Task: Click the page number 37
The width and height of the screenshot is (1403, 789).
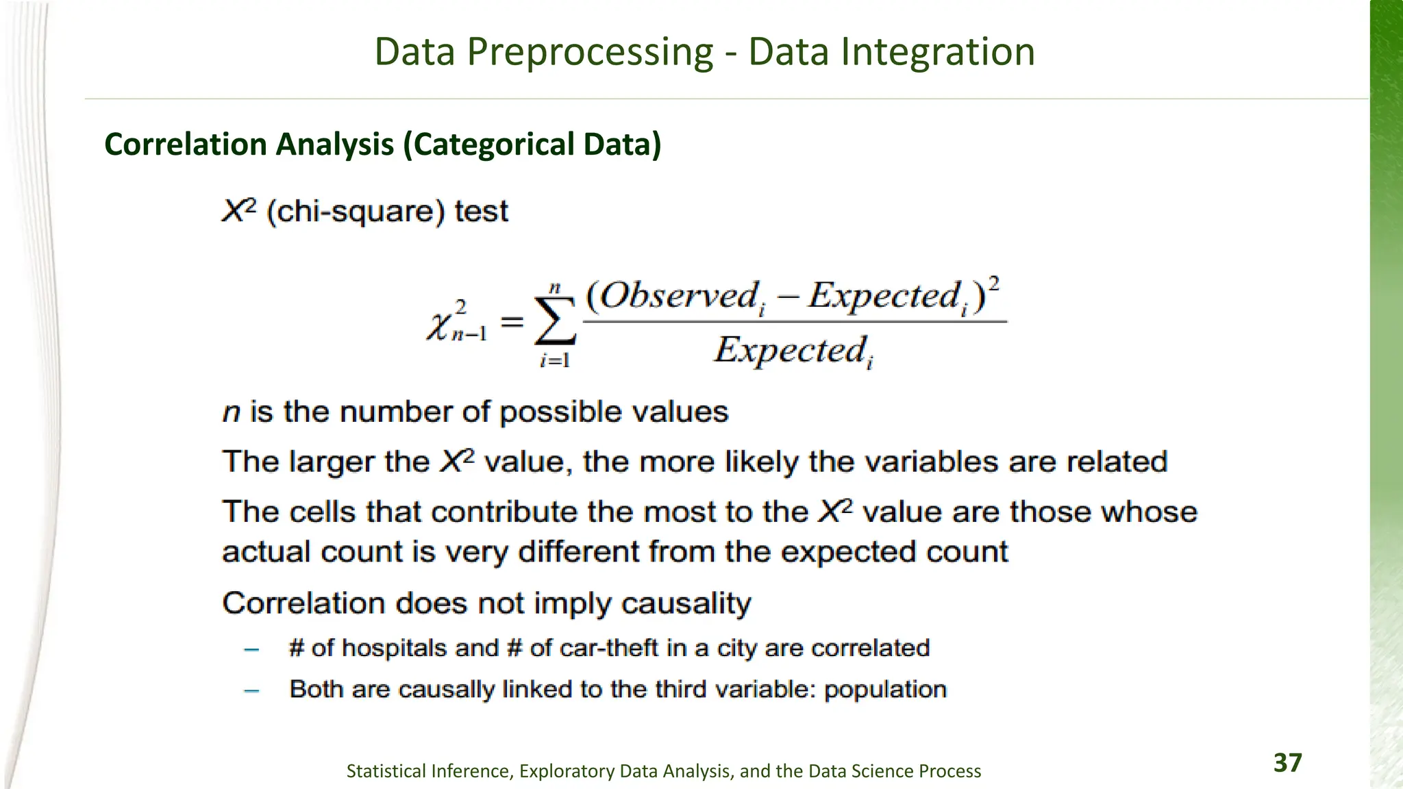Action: click(1287, 762)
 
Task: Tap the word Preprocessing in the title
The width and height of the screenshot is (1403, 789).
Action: click(590, 52)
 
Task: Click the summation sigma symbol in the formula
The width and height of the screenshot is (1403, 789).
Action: click(555, 321)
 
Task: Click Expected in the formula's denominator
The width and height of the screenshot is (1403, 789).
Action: click(790, 350)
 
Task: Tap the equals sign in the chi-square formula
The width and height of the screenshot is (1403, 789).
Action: click(512, 321)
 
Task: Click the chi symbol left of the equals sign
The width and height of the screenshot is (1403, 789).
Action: click(438, 324)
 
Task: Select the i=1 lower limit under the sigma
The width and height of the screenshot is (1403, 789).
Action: click(555, 360)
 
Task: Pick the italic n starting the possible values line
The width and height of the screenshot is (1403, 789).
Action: click(232, 412)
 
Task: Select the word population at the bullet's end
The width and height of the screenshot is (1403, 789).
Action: click(885, 690)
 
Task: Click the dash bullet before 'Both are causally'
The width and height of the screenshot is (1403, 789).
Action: click(251, 690)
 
